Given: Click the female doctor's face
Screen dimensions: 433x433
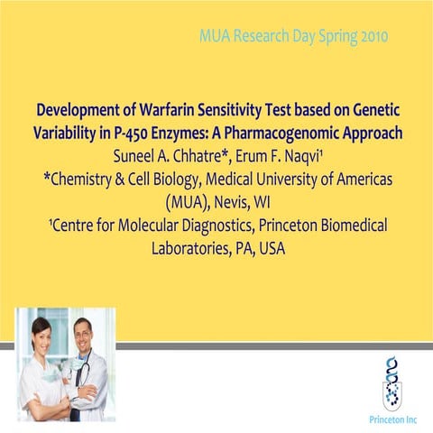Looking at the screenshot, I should (41, 332).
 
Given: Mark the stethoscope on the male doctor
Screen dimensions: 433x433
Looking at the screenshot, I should (84, 370).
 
